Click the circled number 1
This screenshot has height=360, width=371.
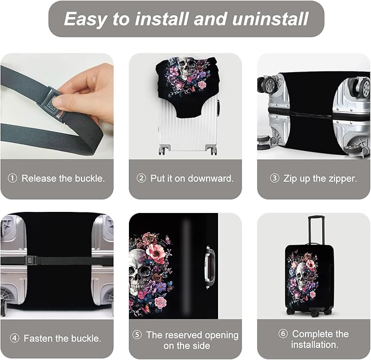pyautogui.click(x=13, y=179)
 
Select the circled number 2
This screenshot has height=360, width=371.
pyautogui.click(x=142, y=179)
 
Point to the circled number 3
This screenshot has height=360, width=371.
pyautogui.click(x=275, y=179)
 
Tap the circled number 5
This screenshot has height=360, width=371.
pyautogui.click(x=137, y=335)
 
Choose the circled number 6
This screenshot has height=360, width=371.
pyautogui.click(x=283, y=334)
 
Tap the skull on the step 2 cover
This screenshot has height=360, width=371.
pyautogui.click(x=187, y=68)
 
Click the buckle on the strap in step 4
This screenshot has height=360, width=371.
pyautogui.click(x=31, y=261)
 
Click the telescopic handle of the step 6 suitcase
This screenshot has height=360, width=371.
pyautogui.click(x=315, y=229)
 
